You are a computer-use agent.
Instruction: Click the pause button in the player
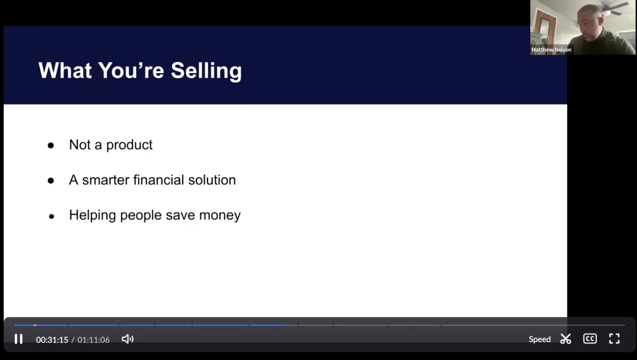19,339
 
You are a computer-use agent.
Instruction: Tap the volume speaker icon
128,339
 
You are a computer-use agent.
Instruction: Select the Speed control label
539,339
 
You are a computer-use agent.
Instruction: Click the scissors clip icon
566,339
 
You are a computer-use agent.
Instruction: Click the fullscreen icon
614,339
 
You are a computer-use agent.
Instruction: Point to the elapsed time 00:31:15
52,340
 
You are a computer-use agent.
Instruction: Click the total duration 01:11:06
93,340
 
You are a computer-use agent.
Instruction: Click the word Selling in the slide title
206,71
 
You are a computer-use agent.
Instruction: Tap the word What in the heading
65,70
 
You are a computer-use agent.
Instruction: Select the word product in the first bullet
130,145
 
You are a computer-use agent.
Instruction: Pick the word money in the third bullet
220,215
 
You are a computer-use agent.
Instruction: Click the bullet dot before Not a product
51,145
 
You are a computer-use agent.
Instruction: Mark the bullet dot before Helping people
51,217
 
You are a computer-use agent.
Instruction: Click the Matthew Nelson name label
551,50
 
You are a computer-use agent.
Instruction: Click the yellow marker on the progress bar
35,325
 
